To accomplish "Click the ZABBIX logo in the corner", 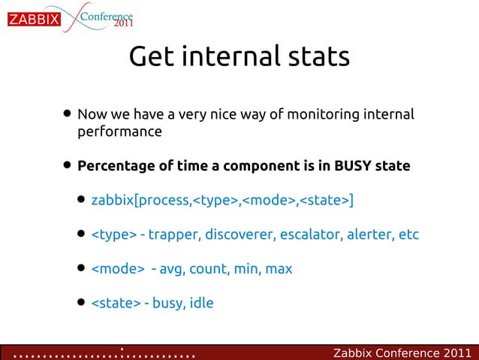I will [34, 20].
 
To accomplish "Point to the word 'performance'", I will [119, 132].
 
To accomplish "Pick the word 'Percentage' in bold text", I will [117, 165].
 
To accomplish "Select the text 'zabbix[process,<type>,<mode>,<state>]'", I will [222, 201].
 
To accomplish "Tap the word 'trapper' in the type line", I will [172, 234].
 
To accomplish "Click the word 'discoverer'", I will [236, 234].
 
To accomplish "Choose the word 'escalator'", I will [312, 234].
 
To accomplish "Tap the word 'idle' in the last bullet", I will [201, 303].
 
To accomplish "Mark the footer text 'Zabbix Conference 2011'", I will [402, 352].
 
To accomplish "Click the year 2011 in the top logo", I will [124, 24].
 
